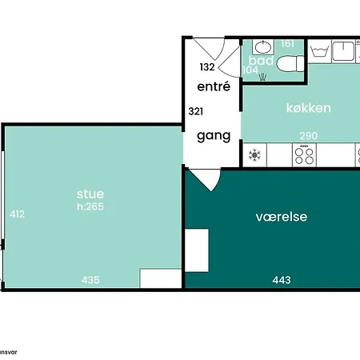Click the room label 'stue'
(90, 194)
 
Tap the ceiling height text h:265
(90, 206)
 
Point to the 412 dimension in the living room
(16, 214)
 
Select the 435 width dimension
(90, 280)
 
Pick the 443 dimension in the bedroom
(281, 280)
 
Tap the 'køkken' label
(309, 108)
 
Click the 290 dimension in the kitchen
(309, 136)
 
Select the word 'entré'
(214, 86)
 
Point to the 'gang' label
(214, 136)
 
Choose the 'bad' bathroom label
(261, 61)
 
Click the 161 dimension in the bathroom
(288, 44)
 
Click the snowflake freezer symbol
(256, 154)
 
